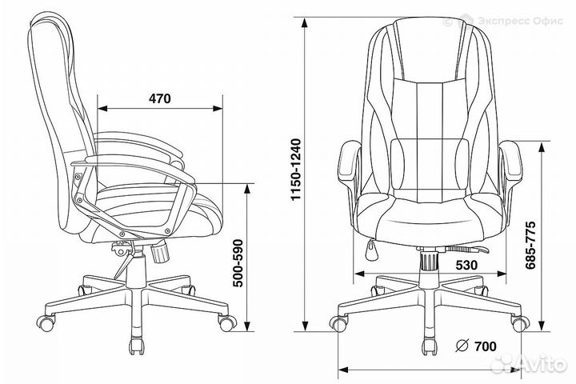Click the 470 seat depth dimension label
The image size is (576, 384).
160,98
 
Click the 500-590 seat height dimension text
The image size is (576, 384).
238,263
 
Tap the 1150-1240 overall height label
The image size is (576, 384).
296,170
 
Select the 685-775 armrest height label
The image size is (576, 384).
530,245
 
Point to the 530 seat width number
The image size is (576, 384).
466,265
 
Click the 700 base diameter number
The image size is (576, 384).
485,346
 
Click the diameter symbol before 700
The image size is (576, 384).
462,346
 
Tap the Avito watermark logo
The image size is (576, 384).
528,366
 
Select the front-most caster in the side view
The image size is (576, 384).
227,323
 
